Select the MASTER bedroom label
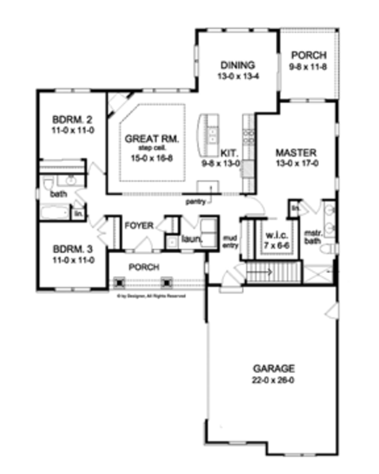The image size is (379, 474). (296, 152)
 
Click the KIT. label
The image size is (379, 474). (228, 153)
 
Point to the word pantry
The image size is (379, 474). (195, 203)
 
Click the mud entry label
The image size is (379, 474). (231, 242)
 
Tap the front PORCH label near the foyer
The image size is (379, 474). (144, 267)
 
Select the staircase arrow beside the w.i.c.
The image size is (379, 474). (262, 274)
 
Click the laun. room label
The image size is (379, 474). (190, 240)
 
